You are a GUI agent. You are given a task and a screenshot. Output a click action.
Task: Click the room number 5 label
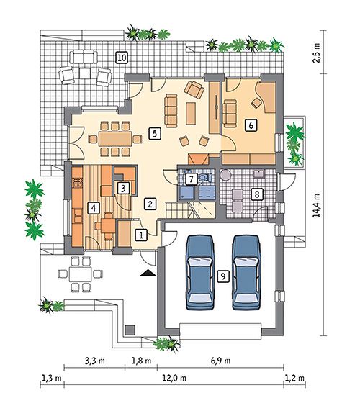[154, 134]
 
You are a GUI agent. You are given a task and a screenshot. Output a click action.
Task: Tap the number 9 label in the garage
[223, 276]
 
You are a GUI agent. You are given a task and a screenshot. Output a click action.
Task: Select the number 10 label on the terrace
[122, 58]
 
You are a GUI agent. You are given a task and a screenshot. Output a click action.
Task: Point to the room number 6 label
[251, 125]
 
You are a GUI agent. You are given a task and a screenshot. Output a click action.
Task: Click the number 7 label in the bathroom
[191, 179]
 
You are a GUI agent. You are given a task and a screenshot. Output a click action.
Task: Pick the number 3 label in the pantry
[123, 188]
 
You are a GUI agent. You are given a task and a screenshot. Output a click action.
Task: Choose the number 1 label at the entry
[141, 235]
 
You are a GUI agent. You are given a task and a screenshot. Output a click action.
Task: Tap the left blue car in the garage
[199, 272]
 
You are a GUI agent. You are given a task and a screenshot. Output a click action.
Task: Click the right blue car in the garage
[246, 272]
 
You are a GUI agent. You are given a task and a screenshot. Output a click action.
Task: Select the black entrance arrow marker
[148, 273]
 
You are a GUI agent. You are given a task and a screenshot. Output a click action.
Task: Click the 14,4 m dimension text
[317, 205]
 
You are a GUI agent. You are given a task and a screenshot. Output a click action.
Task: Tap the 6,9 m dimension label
[220, 361]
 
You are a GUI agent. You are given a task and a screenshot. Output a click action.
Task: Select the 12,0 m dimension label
[174, 378]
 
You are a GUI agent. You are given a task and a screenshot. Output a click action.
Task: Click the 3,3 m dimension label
[94, 361]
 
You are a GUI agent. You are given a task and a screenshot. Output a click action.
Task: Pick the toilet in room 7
[206, 178]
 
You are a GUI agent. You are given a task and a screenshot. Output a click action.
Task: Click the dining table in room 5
[115, 139]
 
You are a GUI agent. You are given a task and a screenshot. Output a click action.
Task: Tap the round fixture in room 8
[225, 175]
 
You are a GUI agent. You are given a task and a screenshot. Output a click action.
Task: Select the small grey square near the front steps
[130, 330]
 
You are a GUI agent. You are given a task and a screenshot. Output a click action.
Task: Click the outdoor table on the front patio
[81, 274]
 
